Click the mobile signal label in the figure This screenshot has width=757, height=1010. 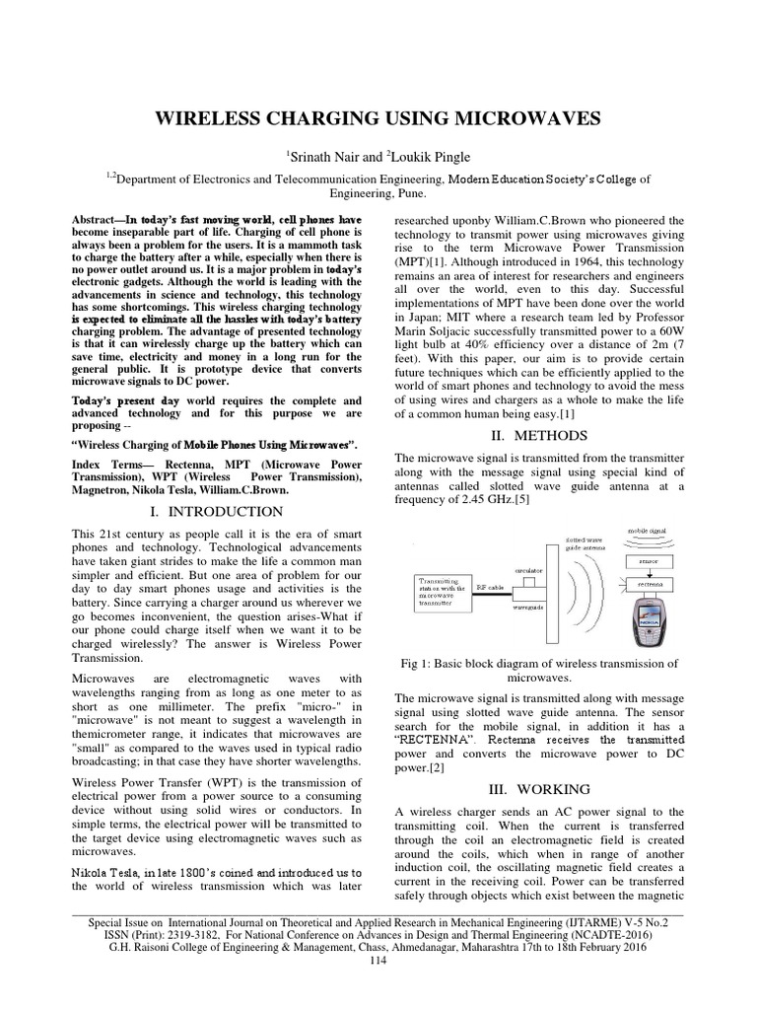(647, 532)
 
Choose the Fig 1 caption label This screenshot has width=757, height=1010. (431, 664)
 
